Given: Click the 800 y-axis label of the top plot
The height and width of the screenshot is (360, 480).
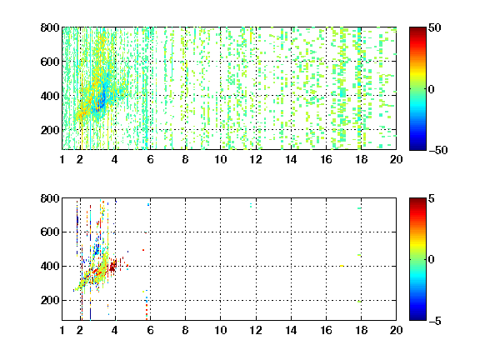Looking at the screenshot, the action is [x=50, y=27].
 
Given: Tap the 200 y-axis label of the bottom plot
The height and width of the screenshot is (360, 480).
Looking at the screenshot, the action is [x=50, y=300].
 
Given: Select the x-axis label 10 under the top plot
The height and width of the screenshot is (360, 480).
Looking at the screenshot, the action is [x=220, y=159].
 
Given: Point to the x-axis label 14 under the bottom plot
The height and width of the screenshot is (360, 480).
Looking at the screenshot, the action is [x=291, y=330].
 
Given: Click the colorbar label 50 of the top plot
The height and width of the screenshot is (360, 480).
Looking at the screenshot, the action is [x=434, y=27].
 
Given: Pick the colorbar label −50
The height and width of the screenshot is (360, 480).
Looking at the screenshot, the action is [x=437, y=150].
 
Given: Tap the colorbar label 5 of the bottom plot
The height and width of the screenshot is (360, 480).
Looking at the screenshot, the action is [x=432, y=198].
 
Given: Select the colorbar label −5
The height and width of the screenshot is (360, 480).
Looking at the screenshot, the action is [x=435, y=321].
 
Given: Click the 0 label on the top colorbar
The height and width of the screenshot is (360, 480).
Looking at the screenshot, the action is [x=432, y=89].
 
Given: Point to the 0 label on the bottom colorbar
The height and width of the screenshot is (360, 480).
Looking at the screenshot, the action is [x=432, y=260].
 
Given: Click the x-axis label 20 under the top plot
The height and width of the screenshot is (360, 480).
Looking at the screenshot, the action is [x=396, y=159].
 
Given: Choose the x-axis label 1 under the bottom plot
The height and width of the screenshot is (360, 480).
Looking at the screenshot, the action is [x=62, y=330].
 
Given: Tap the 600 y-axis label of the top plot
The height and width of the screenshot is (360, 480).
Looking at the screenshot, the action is [x=50, y=62].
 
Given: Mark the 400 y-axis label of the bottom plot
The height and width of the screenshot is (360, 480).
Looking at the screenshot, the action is [x=50, y=266].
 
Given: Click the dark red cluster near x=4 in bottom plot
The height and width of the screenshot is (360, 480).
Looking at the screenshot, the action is [x=112, y=267].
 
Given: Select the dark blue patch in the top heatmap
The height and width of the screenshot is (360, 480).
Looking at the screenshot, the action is [x=101, y=101].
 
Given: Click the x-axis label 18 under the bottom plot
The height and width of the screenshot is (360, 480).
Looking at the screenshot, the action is [x=361, y=330].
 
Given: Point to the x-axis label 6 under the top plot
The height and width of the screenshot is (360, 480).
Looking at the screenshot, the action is [x=150, y=159].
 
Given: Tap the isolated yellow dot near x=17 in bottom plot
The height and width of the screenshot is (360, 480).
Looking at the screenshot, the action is [x=342, y=266].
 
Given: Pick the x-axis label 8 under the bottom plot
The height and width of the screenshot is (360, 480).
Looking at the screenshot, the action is [x=185, y=330].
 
